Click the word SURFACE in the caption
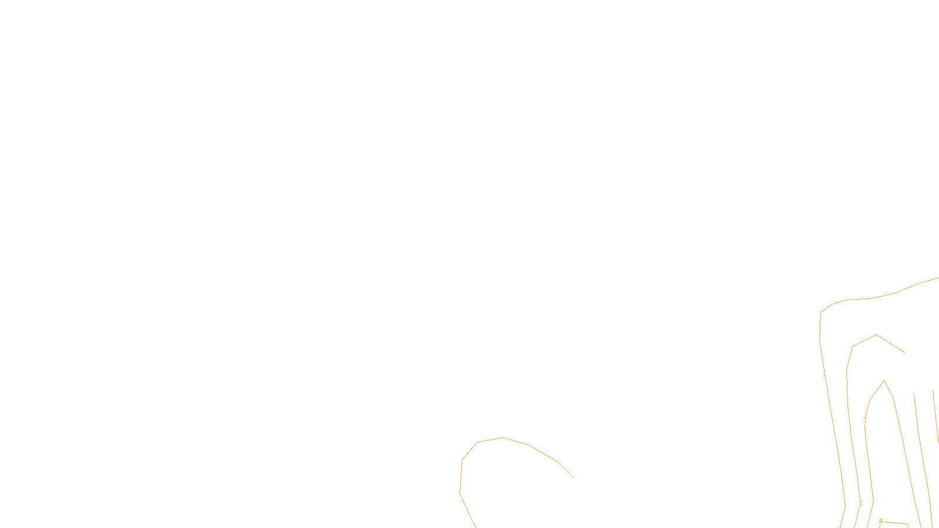(x=469, y=519)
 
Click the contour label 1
(x=825, y=374)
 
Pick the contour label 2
(x=860, y=503)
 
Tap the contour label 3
(x=864, y=421)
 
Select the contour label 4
(x=880, y=521)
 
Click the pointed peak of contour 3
(x=884, y=381)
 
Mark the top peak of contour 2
(x=876, y=335)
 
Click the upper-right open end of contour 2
(x=906, y=353)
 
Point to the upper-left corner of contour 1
(x=820, y=312)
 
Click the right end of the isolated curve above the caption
(x=574, y=478)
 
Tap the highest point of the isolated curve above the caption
(x=502, y=437)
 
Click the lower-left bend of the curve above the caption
(x=460, y=492)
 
